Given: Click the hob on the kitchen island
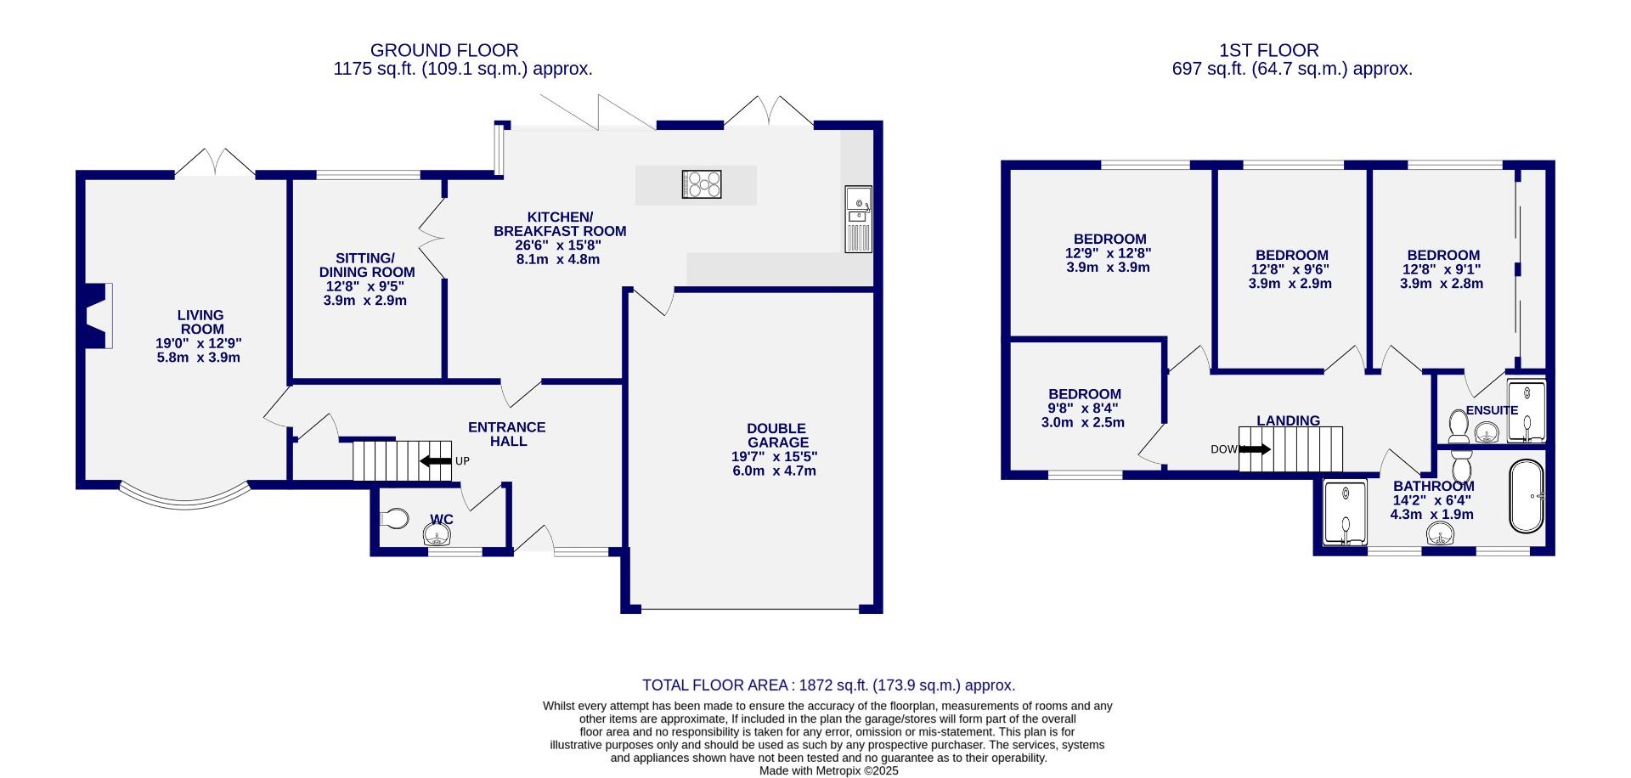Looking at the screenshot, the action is tap(702, 184).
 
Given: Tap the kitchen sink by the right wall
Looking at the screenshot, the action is tap(858, 219).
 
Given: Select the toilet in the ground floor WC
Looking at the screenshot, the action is tap(394, 518).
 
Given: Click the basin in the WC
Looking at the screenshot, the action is tap(437, 534).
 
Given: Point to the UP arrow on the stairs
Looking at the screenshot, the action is tap(436, 461).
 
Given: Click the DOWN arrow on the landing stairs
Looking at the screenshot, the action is tap(1255, 449).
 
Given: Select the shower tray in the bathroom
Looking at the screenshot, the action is tap(1346, 512).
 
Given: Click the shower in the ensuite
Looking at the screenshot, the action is tap(1527, 412).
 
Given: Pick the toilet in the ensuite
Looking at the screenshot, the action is tap(1459, 426).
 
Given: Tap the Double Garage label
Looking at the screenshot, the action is tap(777, 436).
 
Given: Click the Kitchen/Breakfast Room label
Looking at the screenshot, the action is tap(560, 224).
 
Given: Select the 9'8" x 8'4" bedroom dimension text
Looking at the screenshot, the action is tap(1084, 409).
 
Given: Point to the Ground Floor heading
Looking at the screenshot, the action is tap(444, 51).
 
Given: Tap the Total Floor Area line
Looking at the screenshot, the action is tap(829, 685).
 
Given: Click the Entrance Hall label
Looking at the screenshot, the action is tap(507, 434).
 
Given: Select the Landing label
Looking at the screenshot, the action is tap(1289, 420).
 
